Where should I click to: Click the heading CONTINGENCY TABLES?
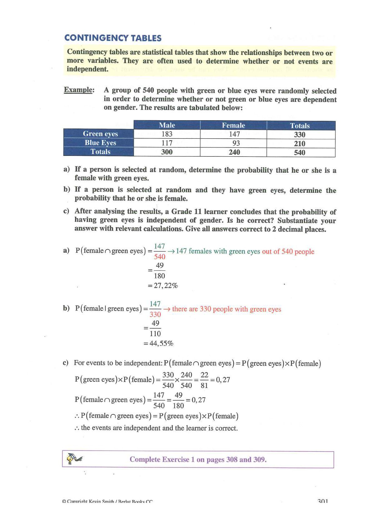pos(113,38)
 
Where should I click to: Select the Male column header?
pos(167,125)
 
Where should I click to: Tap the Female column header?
pos(234,125)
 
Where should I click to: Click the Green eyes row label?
pos(100,134)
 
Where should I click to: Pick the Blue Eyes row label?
pos(100,143)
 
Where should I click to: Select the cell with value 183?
pos(167,134)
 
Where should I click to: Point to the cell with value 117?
pos(167,143)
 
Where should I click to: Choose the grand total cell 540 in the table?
pos(299,152)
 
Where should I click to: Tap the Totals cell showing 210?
pos(299,144)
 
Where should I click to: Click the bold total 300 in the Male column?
pos(167,152)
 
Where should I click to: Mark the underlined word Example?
pos(79,90)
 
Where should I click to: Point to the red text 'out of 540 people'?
pos(288,251)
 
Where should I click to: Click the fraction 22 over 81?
pos(204,380)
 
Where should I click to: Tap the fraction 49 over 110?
pos(155,328)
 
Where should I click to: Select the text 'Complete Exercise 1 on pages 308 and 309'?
pos(198,459)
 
